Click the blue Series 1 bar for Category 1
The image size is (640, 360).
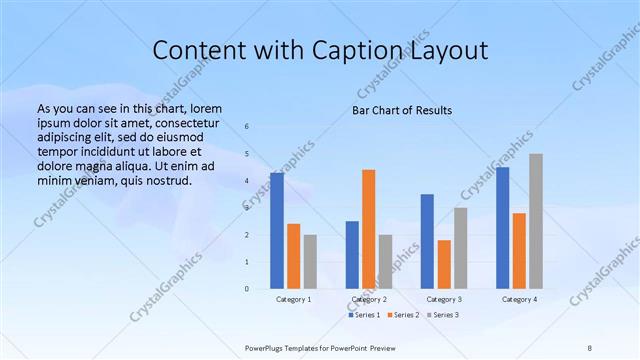[x=277, y=231]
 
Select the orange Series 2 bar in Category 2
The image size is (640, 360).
[x=369, y=229]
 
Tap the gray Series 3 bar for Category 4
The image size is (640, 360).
[x=536, y=221]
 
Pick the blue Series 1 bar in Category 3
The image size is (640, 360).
[x=427, y=241]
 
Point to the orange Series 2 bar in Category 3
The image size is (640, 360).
[x=444, y=264]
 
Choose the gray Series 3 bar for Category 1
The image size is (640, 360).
[x=310, y=261]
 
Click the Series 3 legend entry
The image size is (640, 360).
[x=441, y=315]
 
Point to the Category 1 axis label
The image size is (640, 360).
[x=293, y=299]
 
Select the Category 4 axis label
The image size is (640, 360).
[x=519, y=299]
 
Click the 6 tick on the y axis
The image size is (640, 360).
[x=247, y=126]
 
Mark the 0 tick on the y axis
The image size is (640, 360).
[x=247, y=289]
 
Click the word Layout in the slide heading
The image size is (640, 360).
[x=449, y=51]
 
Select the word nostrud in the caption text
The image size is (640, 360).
[x=165, y=181]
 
